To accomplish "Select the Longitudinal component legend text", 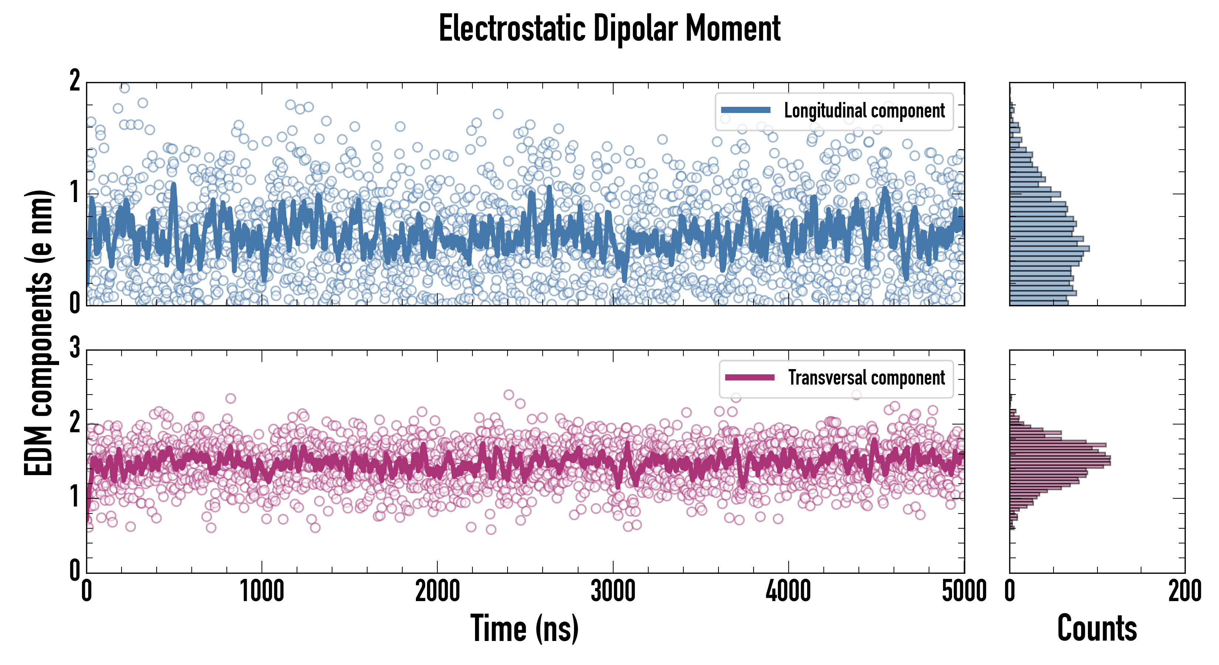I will click(864, 111).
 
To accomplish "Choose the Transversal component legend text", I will click(867, 378).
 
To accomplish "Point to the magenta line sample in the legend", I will click(750, 378).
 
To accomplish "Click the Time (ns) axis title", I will click(524, 628).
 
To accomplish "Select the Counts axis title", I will click(1097, 628).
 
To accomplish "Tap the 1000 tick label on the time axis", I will click(262, 591).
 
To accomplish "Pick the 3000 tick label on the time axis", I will click(613, 591).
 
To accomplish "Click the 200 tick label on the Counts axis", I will click(1184, 591).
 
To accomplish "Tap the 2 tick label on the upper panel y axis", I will click(75, 81).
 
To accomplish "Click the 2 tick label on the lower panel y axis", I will click(75, 422).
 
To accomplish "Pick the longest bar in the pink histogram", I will click(1060, 460).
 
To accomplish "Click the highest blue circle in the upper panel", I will click(124, 88).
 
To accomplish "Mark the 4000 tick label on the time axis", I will click(788, 591).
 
